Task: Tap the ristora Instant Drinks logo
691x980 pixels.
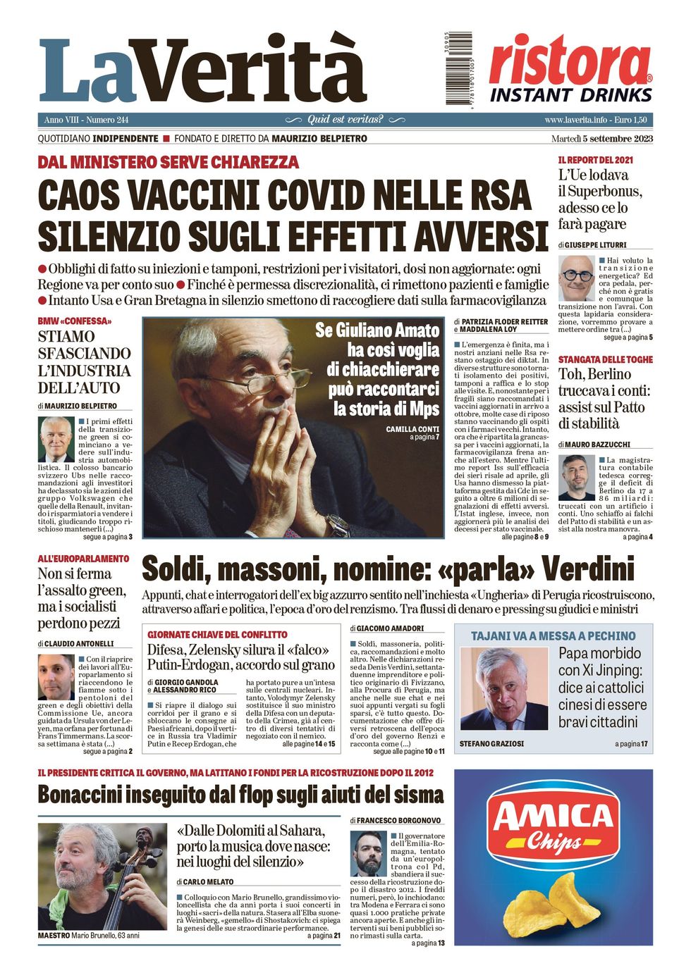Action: [570, 70]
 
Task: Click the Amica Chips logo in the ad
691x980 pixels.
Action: [554, 824]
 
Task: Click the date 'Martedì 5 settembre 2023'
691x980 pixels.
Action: [601, 139]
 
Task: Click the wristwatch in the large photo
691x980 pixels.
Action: [338, 525]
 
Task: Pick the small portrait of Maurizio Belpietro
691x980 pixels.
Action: [56, 439]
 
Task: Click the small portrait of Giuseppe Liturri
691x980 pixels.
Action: [577, 278]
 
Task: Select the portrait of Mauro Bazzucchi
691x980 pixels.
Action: [577, 477]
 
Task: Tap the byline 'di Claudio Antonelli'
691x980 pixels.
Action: [75, 644]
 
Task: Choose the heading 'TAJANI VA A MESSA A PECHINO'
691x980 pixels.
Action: [553, 635]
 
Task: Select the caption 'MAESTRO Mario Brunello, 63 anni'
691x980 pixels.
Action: [89, 936]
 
